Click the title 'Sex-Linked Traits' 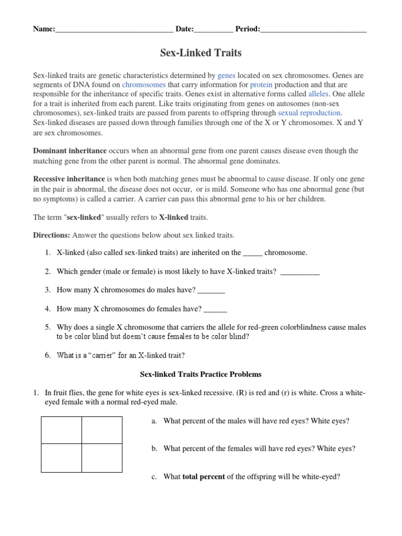coord(200,53)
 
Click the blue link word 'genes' coord(227,75)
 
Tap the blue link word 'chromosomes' coord(144,84)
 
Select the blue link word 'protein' coord(261,84)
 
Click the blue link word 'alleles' coord(318,94)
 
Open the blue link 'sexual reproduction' coord(309,113)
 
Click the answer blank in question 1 coord(252,254)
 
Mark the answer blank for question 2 coord(300,273)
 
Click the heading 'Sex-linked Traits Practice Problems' coord(201,374)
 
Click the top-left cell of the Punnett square coord(61,430)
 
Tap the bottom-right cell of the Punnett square coord(102,457)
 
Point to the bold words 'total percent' coord(204,477)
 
